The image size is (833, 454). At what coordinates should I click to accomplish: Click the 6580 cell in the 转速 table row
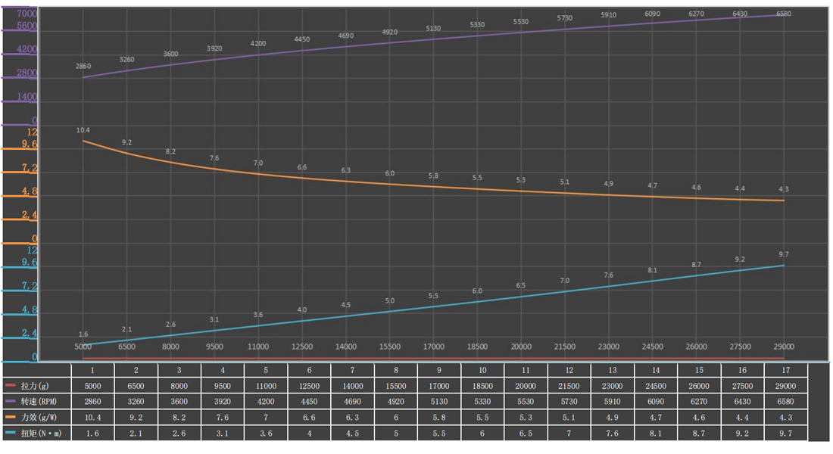point(786,401)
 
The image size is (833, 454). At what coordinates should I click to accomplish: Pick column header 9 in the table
point(439,370)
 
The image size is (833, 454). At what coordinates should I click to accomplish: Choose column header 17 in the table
point(786,370)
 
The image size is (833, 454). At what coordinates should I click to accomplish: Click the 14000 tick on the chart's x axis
point(346,347)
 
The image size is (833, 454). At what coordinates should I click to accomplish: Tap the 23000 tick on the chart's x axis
point(609,347)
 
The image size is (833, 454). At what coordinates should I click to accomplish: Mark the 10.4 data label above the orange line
point(83,130)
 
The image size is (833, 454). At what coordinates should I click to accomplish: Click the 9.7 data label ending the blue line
point(784,254)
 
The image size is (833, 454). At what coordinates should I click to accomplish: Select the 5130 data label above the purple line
point(433,29)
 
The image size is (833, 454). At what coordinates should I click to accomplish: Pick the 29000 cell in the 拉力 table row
point(786,385)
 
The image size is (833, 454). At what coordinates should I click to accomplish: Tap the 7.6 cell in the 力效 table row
point(223,417)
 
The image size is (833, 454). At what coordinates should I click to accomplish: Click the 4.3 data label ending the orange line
point(784,189)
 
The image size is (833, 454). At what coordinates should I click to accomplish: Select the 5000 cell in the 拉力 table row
point(92,385)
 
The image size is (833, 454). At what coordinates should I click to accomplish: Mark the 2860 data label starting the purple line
point(83,67)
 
